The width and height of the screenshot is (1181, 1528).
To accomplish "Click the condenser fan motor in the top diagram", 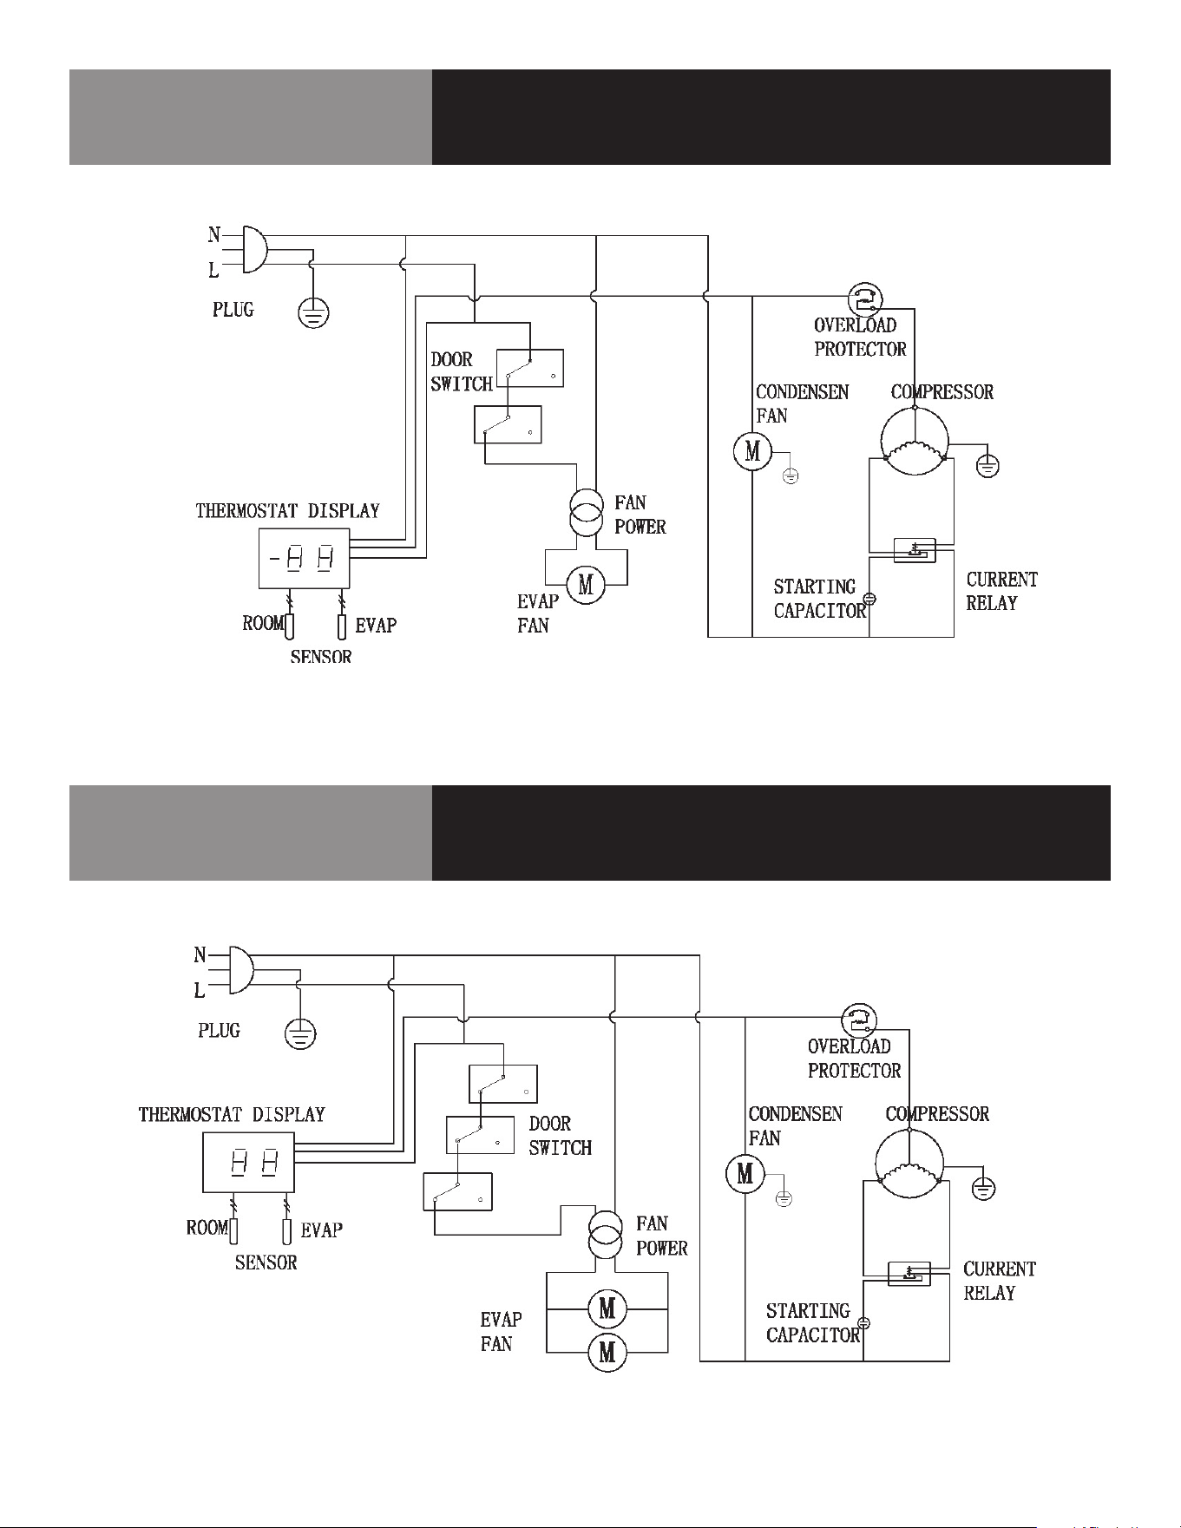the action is [752, 451].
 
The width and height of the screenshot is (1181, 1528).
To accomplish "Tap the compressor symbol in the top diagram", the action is [915, 441].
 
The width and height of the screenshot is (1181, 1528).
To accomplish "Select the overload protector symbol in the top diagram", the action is [864, 299].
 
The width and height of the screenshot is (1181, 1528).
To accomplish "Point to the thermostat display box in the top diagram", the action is [304, 559].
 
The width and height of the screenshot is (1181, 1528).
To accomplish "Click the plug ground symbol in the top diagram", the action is [313, 312].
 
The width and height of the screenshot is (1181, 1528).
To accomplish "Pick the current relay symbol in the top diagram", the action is [915, 550].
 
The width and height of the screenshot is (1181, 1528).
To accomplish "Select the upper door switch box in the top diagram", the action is [529, 368].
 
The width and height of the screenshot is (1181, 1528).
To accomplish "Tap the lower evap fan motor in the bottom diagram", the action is [607, 1352].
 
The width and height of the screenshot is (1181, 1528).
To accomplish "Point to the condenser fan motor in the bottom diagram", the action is [745, 1174].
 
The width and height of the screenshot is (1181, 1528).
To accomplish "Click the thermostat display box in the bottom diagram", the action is [248, 1162].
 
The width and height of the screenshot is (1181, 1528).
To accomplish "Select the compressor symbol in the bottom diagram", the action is [909, 1164].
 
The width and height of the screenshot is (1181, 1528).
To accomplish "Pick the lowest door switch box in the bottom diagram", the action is [457, 1191].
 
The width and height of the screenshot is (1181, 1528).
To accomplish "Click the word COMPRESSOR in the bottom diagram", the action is [937, 1114].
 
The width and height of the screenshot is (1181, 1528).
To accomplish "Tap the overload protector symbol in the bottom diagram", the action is [859, 1020].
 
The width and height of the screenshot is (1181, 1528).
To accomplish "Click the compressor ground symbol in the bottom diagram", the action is [983, 1188].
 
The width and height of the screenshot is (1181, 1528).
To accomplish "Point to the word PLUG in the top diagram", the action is [233, 310].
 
